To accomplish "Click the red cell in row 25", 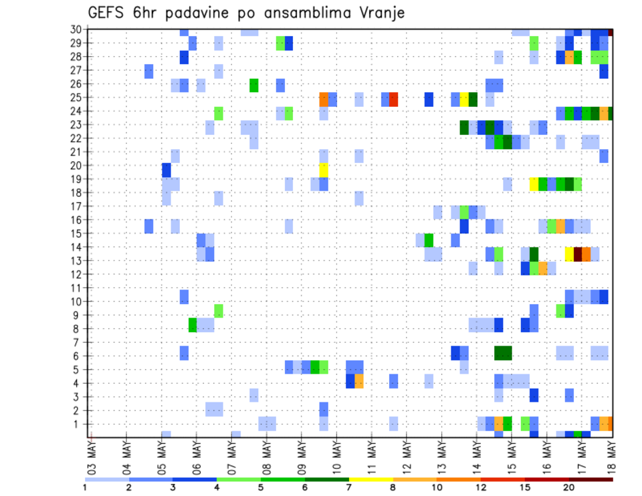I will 394,100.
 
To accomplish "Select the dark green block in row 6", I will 503,352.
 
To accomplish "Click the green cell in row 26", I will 254,86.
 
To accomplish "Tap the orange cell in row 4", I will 359,381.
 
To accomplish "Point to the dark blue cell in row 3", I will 534,394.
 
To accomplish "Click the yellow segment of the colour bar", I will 370,479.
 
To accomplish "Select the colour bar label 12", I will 481,488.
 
